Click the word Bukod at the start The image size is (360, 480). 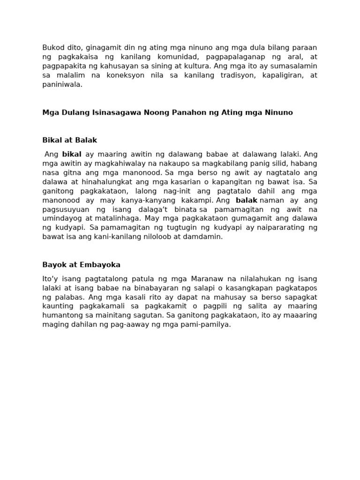[52, 47]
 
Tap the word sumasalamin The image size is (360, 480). [293, 66]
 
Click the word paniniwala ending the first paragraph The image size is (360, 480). [62, 84]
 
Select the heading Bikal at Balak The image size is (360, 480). [69, 140]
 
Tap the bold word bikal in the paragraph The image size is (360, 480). [72, 154]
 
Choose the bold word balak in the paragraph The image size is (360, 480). [247, 200]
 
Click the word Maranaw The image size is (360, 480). [184, 278]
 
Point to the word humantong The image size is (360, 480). [63, 315]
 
